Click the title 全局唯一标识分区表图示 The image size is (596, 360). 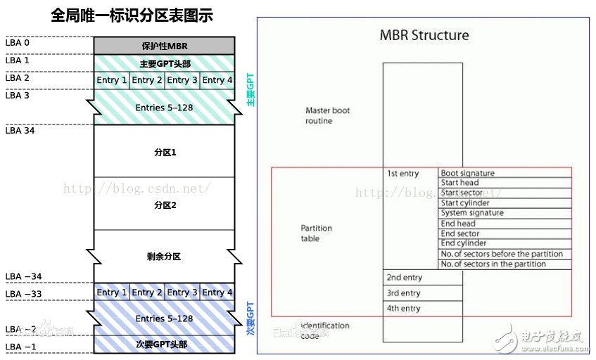pyautogui.click(x=132, y=15)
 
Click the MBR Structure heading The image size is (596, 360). pyautogui.click(x=424, y=35)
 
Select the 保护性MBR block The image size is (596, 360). pyautogui.click(x=164, y=46)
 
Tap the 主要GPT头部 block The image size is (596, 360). pyautogui.click(x=164, y=63)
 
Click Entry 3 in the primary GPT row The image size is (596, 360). pyautogui.click(x=182, y=80)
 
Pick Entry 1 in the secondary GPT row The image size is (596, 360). pyautogui.click(x=112, y=292)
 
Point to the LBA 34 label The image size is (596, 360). pyautogui.click(x=20, y=130)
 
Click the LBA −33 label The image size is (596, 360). pyautogui.click(x=23, y=294)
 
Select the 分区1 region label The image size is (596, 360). pyautogui.click(x=164, y=152)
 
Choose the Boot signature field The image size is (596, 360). pyautogui.click(x=468, y=173)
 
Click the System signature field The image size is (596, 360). pyautogui.click(x=472, y=213)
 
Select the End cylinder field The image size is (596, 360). pyautogui.click(x=464, y=243)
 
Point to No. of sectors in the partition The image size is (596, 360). pyautogui.click(x=493, y=264)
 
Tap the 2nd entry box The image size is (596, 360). pyautogui.click(x=404, y=278)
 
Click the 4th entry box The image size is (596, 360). pyautogui.click(x=404, y=309)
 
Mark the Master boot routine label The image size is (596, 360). pyautogui.click(x=327, y=116)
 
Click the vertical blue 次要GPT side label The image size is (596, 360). pyautogui.click(x=251, y=317)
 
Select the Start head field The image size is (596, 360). pyautogui.click(x=459, y=183)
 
